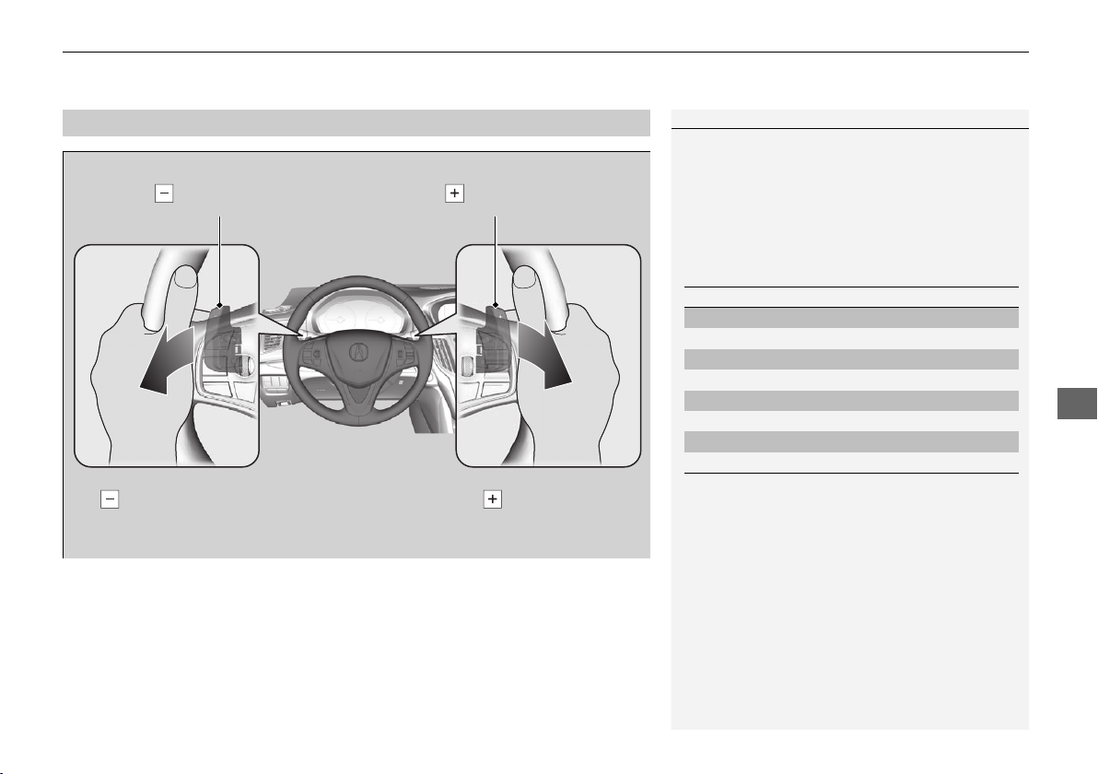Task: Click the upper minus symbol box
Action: [x=164, y=193]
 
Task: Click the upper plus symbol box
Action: [x=454, y=193]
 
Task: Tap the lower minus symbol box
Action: [x=110, y=499]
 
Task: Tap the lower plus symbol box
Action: [x=493, y=499]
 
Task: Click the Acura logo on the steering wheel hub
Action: [x=357, y=351]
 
